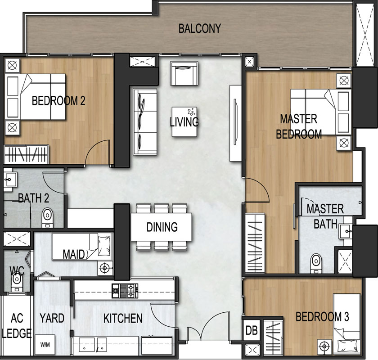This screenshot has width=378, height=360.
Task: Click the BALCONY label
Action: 200,28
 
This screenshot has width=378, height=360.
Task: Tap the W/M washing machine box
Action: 45,345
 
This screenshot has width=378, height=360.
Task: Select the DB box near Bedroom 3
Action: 252,330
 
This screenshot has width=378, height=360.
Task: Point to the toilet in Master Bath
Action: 316,263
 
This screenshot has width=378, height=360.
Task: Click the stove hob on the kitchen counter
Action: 125,291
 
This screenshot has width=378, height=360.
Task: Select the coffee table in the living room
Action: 184,122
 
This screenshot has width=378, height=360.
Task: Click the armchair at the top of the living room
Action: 184,73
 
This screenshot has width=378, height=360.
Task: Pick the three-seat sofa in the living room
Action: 145,122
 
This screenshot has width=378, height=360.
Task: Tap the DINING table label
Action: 162,227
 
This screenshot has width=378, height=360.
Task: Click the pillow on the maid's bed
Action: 104,245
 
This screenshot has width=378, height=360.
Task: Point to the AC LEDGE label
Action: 17,326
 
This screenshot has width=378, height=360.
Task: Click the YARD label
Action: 52,318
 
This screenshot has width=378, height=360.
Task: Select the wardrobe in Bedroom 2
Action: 26,154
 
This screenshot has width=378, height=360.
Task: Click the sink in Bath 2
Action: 10,180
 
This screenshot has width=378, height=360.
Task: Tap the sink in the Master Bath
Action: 346,231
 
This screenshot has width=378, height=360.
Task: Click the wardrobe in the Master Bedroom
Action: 255,243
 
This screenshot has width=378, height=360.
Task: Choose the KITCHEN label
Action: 123,318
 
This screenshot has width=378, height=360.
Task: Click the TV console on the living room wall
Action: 235,123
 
